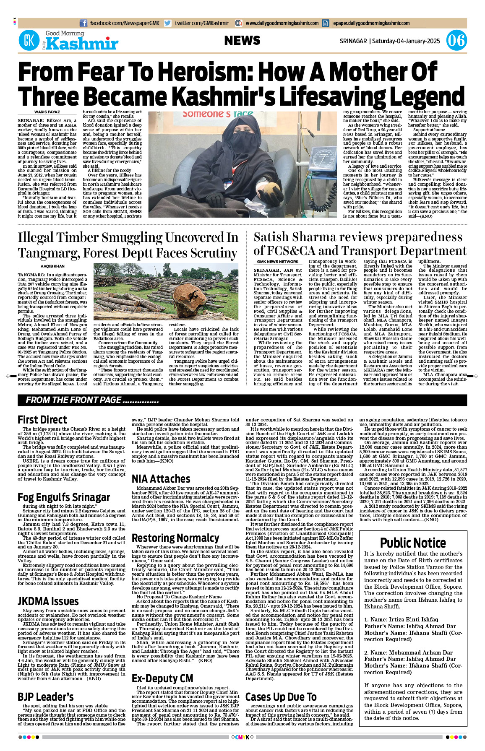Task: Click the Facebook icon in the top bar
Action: (x=83, y=23)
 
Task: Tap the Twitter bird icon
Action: (x=168, y=23)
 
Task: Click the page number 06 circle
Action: (x=456, y=41)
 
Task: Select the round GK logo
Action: (x=29, y=41)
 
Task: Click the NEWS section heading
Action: (x=242, y=41)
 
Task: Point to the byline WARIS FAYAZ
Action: (x=47, y=112)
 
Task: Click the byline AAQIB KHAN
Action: (x=52, y=266)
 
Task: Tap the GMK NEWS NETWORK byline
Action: (x=277, y=262)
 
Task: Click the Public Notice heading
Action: (x=413, y=543)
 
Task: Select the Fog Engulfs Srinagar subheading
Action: (x=63, y=497)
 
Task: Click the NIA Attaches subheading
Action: (x=161, y=479)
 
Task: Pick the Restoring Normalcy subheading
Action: (x=175, y=538)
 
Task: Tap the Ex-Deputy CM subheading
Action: (x=162, y=678)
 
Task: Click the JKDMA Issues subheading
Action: (x=48, y=602)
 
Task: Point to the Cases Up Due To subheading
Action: (x=281, y=697)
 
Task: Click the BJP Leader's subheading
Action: (x=45, y=697)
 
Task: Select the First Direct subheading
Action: (x=42, y=420)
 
